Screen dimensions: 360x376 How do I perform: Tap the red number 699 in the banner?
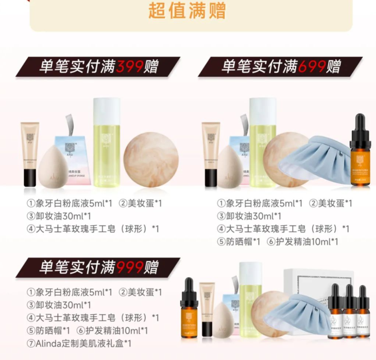click(x=312, y=66)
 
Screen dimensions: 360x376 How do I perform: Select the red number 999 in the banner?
click(x=130, y=267)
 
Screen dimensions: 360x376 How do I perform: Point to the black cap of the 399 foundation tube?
click(x=29, y=176)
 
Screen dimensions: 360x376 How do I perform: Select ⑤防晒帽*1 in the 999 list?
click(x=44, y=330)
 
